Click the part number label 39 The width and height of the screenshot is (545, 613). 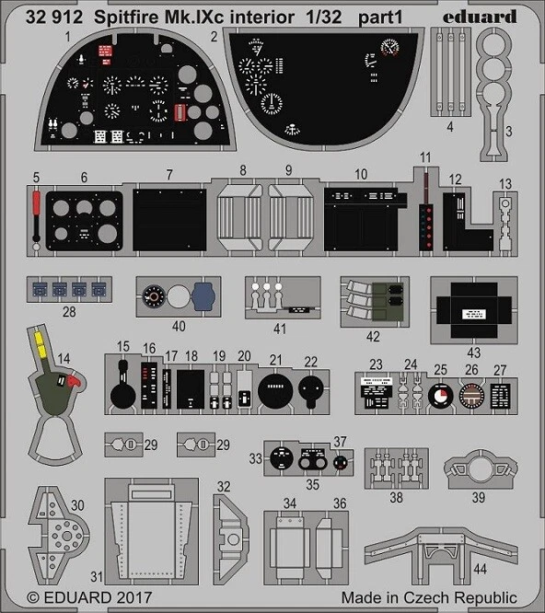click(479, 497)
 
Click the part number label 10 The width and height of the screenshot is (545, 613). click(361, 173)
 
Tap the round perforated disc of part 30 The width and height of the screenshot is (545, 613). click(64, 531)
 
